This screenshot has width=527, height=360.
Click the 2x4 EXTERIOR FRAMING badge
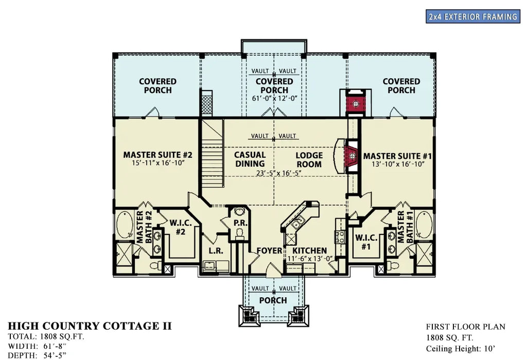click(x=472, y=16)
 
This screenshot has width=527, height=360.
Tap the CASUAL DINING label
click(x=250, y=159)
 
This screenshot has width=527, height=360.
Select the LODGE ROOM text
click(x=309, y=159)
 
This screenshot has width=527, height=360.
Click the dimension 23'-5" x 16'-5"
click(x=277, y=173)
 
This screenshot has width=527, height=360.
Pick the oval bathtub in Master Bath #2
click(x=124, y=225)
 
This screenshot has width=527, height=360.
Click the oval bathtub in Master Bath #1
click(x=425, y=225)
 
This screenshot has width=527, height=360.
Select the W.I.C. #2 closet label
click(x=180, y=228)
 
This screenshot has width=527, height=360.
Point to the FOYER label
click(x=269, y=251)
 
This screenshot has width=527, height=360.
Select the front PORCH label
click(x=273, y=300)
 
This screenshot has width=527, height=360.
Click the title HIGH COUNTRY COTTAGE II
click(x=90, y=326)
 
